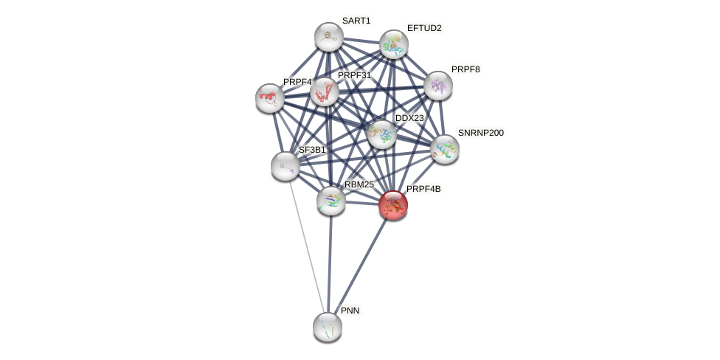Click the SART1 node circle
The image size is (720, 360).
click(328, 37)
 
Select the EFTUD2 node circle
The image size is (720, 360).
click(393, 44)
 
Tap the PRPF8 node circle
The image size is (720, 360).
click(437, 86)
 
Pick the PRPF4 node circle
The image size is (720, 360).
click(270, 97)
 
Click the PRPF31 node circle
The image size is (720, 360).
click(324, 91)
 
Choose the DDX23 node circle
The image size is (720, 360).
click(381, 134)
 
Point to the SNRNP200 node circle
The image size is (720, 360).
click(444, 149)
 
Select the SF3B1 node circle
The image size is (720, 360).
click(285, 166)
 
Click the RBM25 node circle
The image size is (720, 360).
click(330, 200)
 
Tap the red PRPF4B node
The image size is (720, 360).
click(392, 205)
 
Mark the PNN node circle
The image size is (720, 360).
click(327, 326)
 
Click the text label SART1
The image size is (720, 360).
click(356, 21)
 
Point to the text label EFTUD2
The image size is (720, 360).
click(424, 28)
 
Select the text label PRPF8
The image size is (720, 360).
click(465, 69)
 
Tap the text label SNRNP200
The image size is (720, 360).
click(480, 133)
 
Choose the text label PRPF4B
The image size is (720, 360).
click(423, 189)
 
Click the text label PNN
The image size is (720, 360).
click(350, 311)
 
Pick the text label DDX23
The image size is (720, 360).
click(409, 118)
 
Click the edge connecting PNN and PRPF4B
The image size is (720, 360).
click(359, 266)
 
